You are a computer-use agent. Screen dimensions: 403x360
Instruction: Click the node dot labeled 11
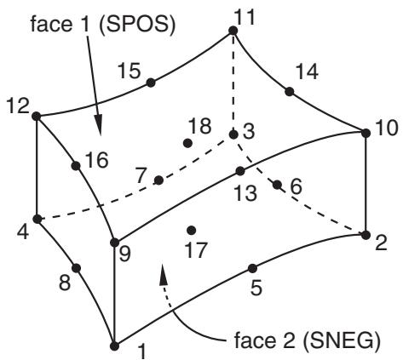(233, 31)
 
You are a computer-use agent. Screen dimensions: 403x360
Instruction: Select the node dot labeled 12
(37, 117)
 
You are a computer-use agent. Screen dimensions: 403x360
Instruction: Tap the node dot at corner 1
(114, 346)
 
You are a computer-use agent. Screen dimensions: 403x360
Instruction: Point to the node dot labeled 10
(366, 133)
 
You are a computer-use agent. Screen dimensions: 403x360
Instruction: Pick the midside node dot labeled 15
(151, 83)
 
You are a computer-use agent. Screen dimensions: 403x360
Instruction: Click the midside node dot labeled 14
(289, 92)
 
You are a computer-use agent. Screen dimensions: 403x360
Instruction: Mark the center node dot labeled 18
(187, 143)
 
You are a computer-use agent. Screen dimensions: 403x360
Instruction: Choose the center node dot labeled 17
(192, 231)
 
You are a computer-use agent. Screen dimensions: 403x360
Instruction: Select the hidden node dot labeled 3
(233, 134)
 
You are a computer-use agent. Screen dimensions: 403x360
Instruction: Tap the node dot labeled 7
(158, 180)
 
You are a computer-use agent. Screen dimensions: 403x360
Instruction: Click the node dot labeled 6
(277, 185)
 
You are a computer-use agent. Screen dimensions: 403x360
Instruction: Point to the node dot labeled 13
(240, 171)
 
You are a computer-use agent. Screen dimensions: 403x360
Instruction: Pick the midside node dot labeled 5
(252, 268)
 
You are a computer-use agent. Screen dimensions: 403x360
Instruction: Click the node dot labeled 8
(76, 268)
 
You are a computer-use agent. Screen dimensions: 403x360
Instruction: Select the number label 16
(96, 160)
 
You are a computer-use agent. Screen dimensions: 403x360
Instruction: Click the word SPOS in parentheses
(137, 25)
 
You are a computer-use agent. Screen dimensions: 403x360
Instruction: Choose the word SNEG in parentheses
(342, 340)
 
